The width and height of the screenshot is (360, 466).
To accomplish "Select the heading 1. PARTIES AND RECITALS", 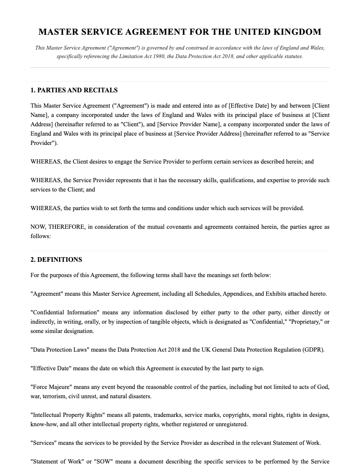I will pyautogui.click(x=74, y=90).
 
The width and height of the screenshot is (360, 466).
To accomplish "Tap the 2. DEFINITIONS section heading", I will pyautogui.click(x=56, y=260).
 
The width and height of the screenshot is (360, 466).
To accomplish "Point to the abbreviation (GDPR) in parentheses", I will pyautogui.click(x=313, y=350).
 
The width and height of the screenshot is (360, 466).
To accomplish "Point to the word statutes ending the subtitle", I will pyautogui.click(x=293, y=56).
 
